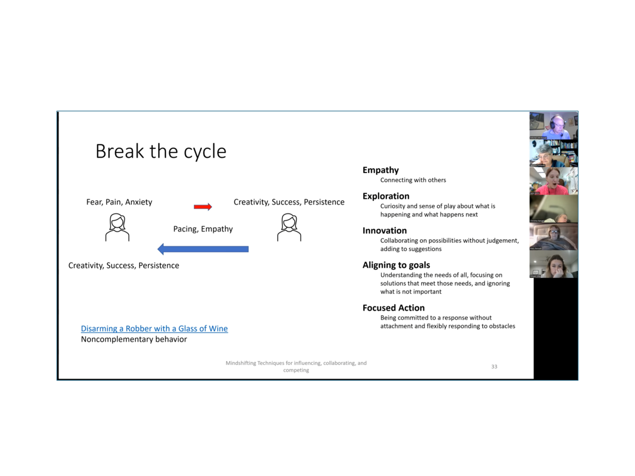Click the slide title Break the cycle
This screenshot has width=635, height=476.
[x=161, y=151]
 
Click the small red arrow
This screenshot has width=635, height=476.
[x=203, y=207]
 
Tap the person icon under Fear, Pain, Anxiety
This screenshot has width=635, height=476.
[x=117, y=227]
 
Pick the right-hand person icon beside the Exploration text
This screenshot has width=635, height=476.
[x=289, y=227]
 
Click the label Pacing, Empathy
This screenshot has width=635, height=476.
[x=203, y=229]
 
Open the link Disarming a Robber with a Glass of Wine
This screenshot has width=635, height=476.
[x=154, y=328]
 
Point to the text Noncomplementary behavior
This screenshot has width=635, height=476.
[x=134, y=339]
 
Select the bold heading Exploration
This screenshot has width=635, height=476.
[x=386, y=196]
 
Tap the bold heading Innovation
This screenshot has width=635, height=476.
[x=384, y=230]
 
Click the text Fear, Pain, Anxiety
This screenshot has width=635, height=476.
[x=119, y=202]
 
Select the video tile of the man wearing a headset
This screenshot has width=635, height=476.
[x=553, y=126]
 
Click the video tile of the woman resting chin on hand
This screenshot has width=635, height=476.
[x=553, y=264]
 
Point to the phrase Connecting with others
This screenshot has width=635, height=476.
[x=413, y=180]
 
